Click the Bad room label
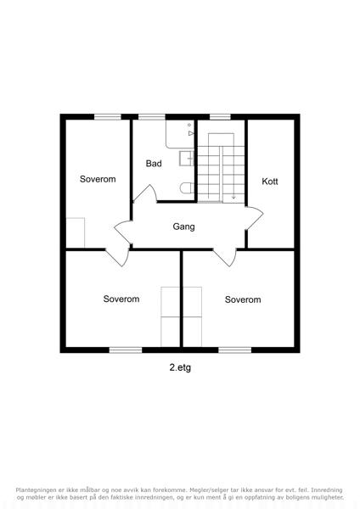(x=154, y=163)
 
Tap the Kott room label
(x=270, y=182)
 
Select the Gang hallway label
(x=183, y=227)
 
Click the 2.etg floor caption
(x=180, y=367)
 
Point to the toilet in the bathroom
(x=187, y=187)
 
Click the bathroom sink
(x=187, y=159)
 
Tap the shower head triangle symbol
(x=191, y=133)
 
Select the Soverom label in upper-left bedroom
(x=98, y=179)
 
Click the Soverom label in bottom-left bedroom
(x=121, y=299)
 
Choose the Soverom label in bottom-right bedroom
(x=243, y=299)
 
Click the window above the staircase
(x=220, y=117)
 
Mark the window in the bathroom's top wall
(x=152, y=117)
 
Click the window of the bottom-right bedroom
(x=234, y=350)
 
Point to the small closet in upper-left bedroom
(x=76, y=232)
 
